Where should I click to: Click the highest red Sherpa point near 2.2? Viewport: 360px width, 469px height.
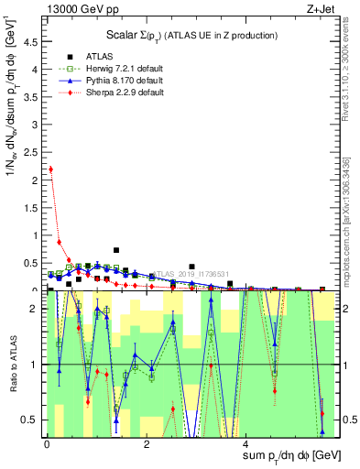point(50,169)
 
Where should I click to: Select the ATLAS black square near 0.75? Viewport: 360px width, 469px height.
point(116,249)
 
